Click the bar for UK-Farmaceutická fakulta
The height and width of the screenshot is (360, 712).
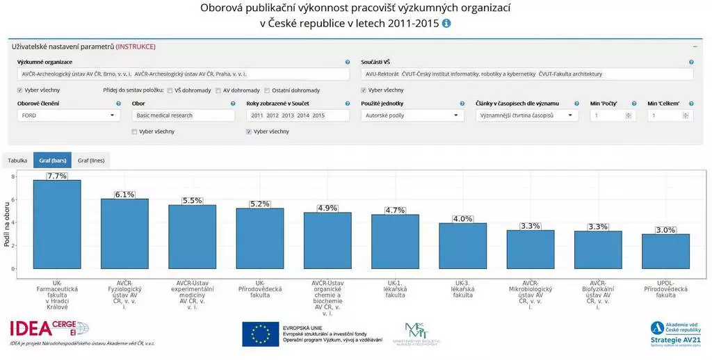57,224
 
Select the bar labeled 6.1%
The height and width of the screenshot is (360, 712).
124,234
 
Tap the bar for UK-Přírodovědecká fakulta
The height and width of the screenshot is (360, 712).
260,238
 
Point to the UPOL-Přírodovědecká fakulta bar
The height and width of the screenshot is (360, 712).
665,251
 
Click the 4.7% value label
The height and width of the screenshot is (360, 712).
395,210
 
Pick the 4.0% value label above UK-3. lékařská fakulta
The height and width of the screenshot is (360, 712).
462,219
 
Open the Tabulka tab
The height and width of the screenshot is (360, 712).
17,161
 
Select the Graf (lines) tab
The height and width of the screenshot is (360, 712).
91,161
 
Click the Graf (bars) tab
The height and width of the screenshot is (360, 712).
53,161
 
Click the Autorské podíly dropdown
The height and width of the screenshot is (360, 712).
412,115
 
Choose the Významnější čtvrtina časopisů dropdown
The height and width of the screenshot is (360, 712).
526,115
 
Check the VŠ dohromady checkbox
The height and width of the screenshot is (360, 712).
170,90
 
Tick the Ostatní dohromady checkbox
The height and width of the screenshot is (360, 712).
267,90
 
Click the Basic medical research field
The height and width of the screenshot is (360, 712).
184,115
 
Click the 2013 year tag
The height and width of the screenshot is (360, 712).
289,115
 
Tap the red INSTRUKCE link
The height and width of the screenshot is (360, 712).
136,47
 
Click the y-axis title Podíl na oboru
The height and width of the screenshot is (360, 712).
7,222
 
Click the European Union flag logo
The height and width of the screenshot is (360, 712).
261,334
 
